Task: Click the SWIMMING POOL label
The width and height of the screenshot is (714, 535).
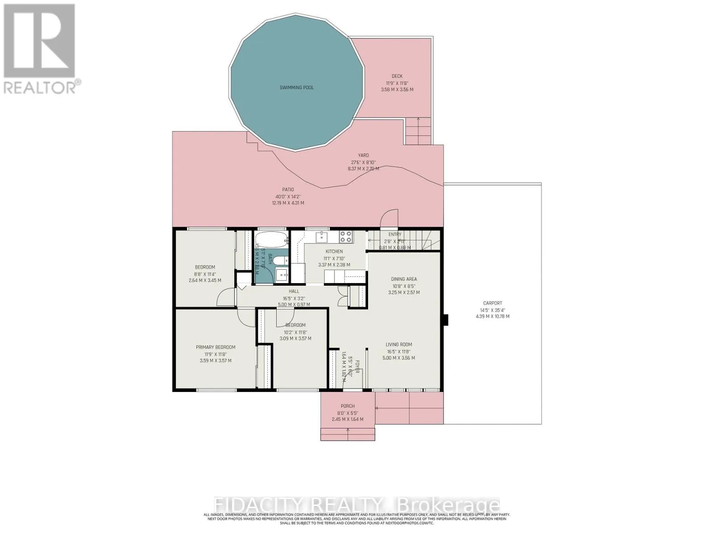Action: point(296,87)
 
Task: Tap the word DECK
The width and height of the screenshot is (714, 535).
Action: point(397,76)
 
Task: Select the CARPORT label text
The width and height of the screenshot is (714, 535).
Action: point(492,303)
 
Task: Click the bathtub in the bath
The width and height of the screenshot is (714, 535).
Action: point(272,240)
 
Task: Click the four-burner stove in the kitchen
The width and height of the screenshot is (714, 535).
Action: point(345,236)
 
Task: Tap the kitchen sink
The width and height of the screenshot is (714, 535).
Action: point(321,237)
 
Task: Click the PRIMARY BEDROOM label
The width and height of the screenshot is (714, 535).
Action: point(216,347)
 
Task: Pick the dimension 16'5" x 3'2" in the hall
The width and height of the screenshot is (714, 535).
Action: point(294,298)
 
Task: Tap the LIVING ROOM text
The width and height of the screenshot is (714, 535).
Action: point(399,344)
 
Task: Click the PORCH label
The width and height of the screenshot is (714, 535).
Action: point(348,406)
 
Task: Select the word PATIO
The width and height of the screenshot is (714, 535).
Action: point(288,189)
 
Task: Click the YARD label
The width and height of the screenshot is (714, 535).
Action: point(363,156)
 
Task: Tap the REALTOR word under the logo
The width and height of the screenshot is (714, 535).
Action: point(39,87)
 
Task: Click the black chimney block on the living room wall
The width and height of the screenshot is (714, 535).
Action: point(445,321)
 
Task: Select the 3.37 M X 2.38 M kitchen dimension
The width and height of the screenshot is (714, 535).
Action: point(334,265)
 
